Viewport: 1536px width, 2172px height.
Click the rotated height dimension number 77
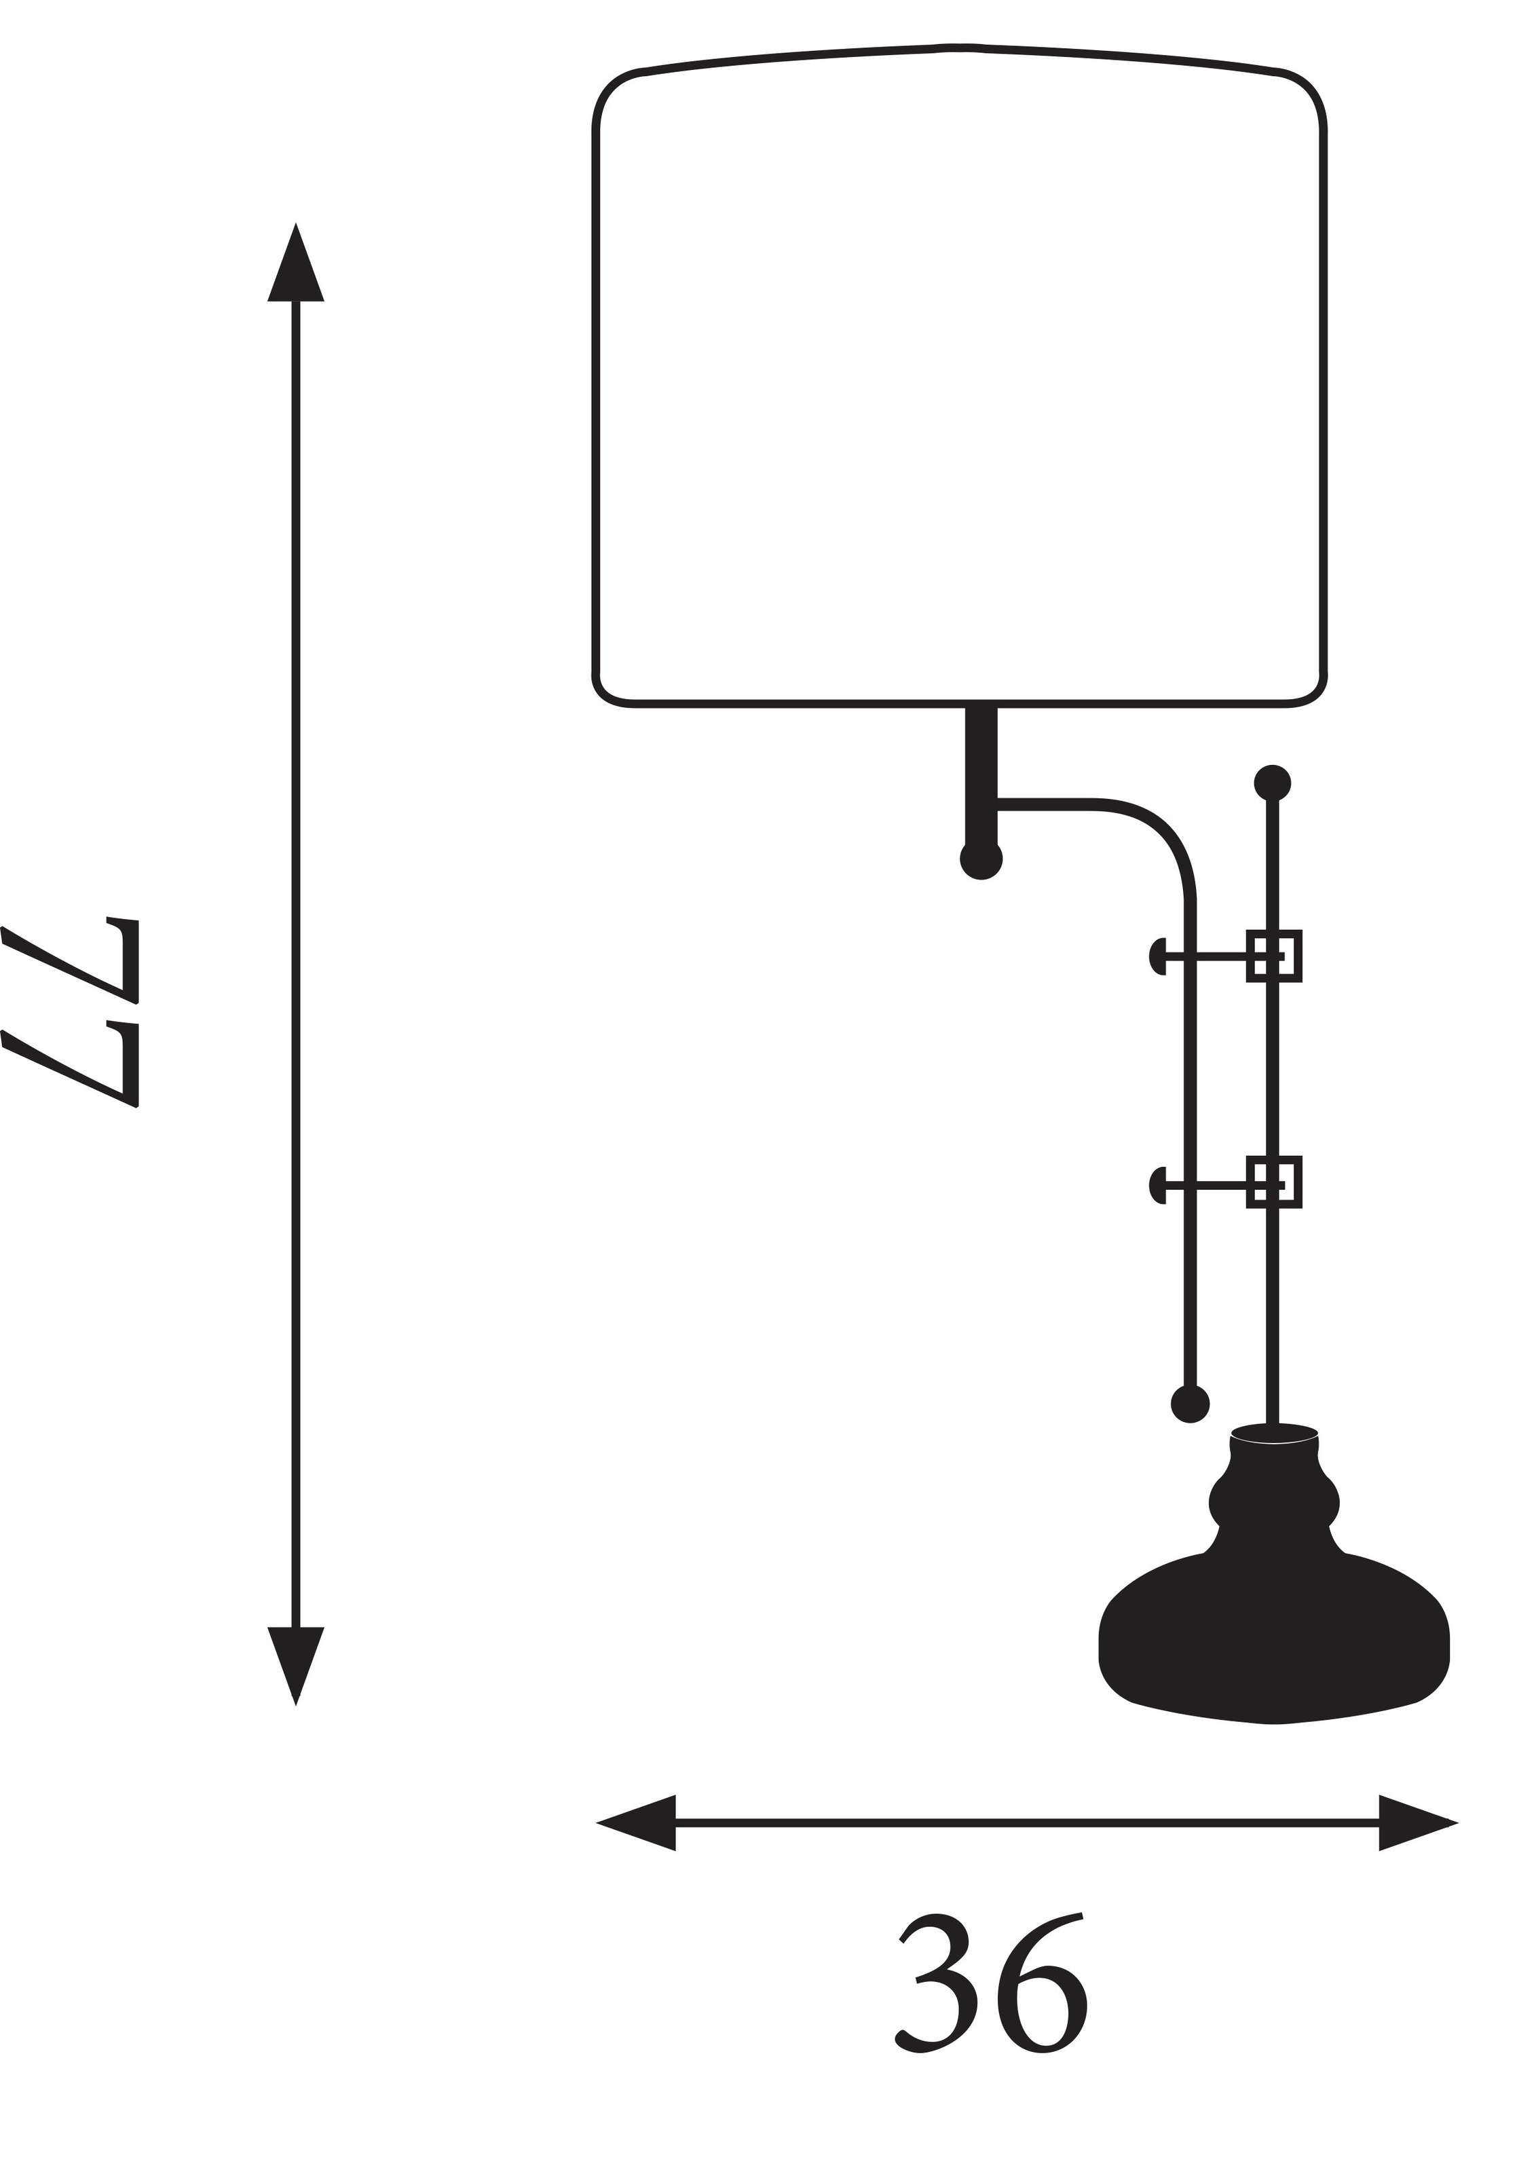pos(71,1013)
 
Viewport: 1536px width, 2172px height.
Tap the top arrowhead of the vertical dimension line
pos(296,262)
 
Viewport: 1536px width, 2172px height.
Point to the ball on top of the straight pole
pos(1273,783)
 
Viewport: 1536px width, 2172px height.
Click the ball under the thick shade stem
pos(981,859)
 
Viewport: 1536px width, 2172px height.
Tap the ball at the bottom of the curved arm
pos(1191,1404)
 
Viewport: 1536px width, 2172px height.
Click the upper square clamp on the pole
pos(1274,956)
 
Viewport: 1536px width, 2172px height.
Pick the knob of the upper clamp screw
pos(1157,956)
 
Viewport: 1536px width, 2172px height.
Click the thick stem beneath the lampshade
pos(981,776)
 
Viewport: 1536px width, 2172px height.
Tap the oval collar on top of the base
pos(1274,1434)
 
